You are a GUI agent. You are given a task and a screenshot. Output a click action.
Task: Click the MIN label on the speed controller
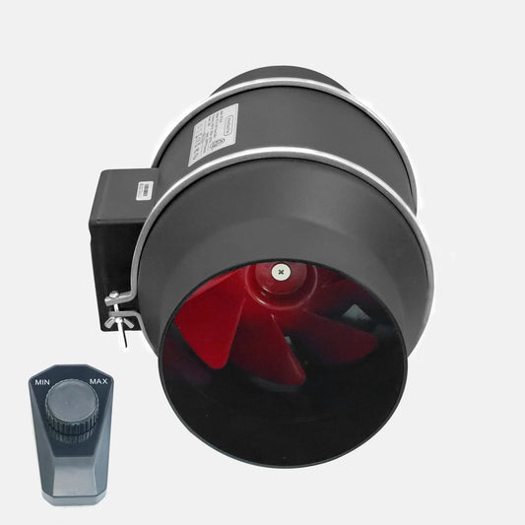click(x=42, y=380)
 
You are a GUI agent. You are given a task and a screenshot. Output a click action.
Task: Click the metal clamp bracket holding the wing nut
click(x=118, y=295)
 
